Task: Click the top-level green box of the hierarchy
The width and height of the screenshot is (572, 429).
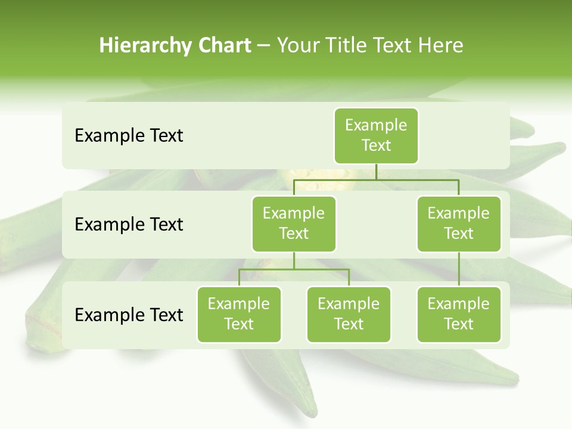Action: (x=376, y=135)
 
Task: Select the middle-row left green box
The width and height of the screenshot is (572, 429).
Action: (x=294, y=223)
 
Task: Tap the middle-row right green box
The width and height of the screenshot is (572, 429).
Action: (x=459, y=223)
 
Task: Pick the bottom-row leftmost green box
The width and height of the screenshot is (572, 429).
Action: (x=239, y=314)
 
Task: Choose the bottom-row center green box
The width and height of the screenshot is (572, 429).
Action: (x=349, y=314)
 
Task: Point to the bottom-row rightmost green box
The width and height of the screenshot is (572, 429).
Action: (x=459, y=314)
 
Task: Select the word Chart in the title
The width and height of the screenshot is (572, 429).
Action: (x=222, y=46)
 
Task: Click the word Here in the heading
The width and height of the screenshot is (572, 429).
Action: (x=440, y=46)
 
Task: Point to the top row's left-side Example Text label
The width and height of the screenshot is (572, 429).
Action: (x=129, y=136)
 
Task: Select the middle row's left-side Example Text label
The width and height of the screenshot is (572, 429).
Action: (x=129, y=225)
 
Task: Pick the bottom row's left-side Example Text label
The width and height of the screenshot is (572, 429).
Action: (x=129, y=315)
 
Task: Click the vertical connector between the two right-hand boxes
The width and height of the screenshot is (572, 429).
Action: (x=459, y=269)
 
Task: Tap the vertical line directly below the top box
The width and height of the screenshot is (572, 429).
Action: (x=376, y=172)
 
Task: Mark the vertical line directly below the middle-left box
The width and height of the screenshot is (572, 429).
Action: (x=294, y=260)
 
